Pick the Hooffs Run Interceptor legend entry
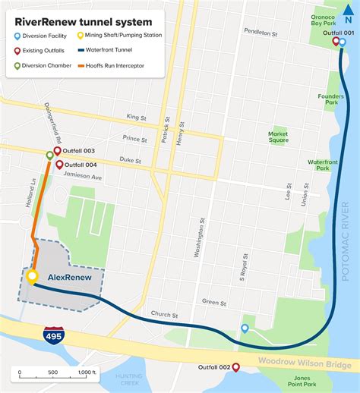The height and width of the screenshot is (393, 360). (113, 66)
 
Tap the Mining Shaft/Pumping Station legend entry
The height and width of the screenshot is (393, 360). (117, 36)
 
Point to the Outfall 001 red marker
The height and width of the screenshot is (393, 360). (336, 42)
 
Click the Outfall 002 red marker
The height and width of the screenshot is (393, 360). (235, 367)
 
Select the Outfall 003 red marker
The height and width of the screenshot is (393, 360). (57, 151)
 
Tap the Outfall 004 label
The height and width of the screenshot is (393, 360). (81, 165)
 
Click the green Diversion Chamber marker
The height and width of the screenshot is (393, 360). (50, 156)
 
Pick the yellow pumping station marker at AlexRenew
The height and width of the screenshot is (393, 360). (32, 277)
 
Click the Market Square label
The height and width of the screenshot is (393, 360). (278, 136)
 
